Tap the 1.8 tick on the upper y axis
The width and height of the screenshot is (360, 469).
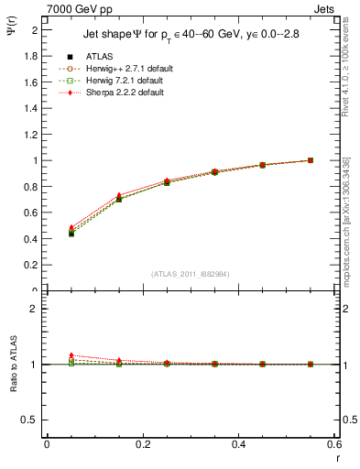point(33,56)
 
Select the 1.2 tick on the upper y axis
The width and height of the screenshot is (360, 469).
point(33,135)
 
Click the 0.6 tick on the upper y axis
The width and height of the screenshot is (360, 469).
point(33,213)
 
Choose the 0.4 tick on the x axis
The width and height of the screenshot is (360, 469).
point(239,443)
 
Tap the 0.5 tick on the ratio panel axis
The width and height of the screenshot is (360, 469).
point(33,420)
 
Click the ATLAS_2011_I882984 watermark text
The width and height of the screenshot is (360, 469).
point(191,273)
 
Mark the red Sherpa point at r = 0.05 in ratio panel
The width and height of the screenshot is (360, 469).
point(71,355)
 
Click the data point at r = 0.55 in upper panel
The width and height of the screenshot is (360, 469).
point(311,160)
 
